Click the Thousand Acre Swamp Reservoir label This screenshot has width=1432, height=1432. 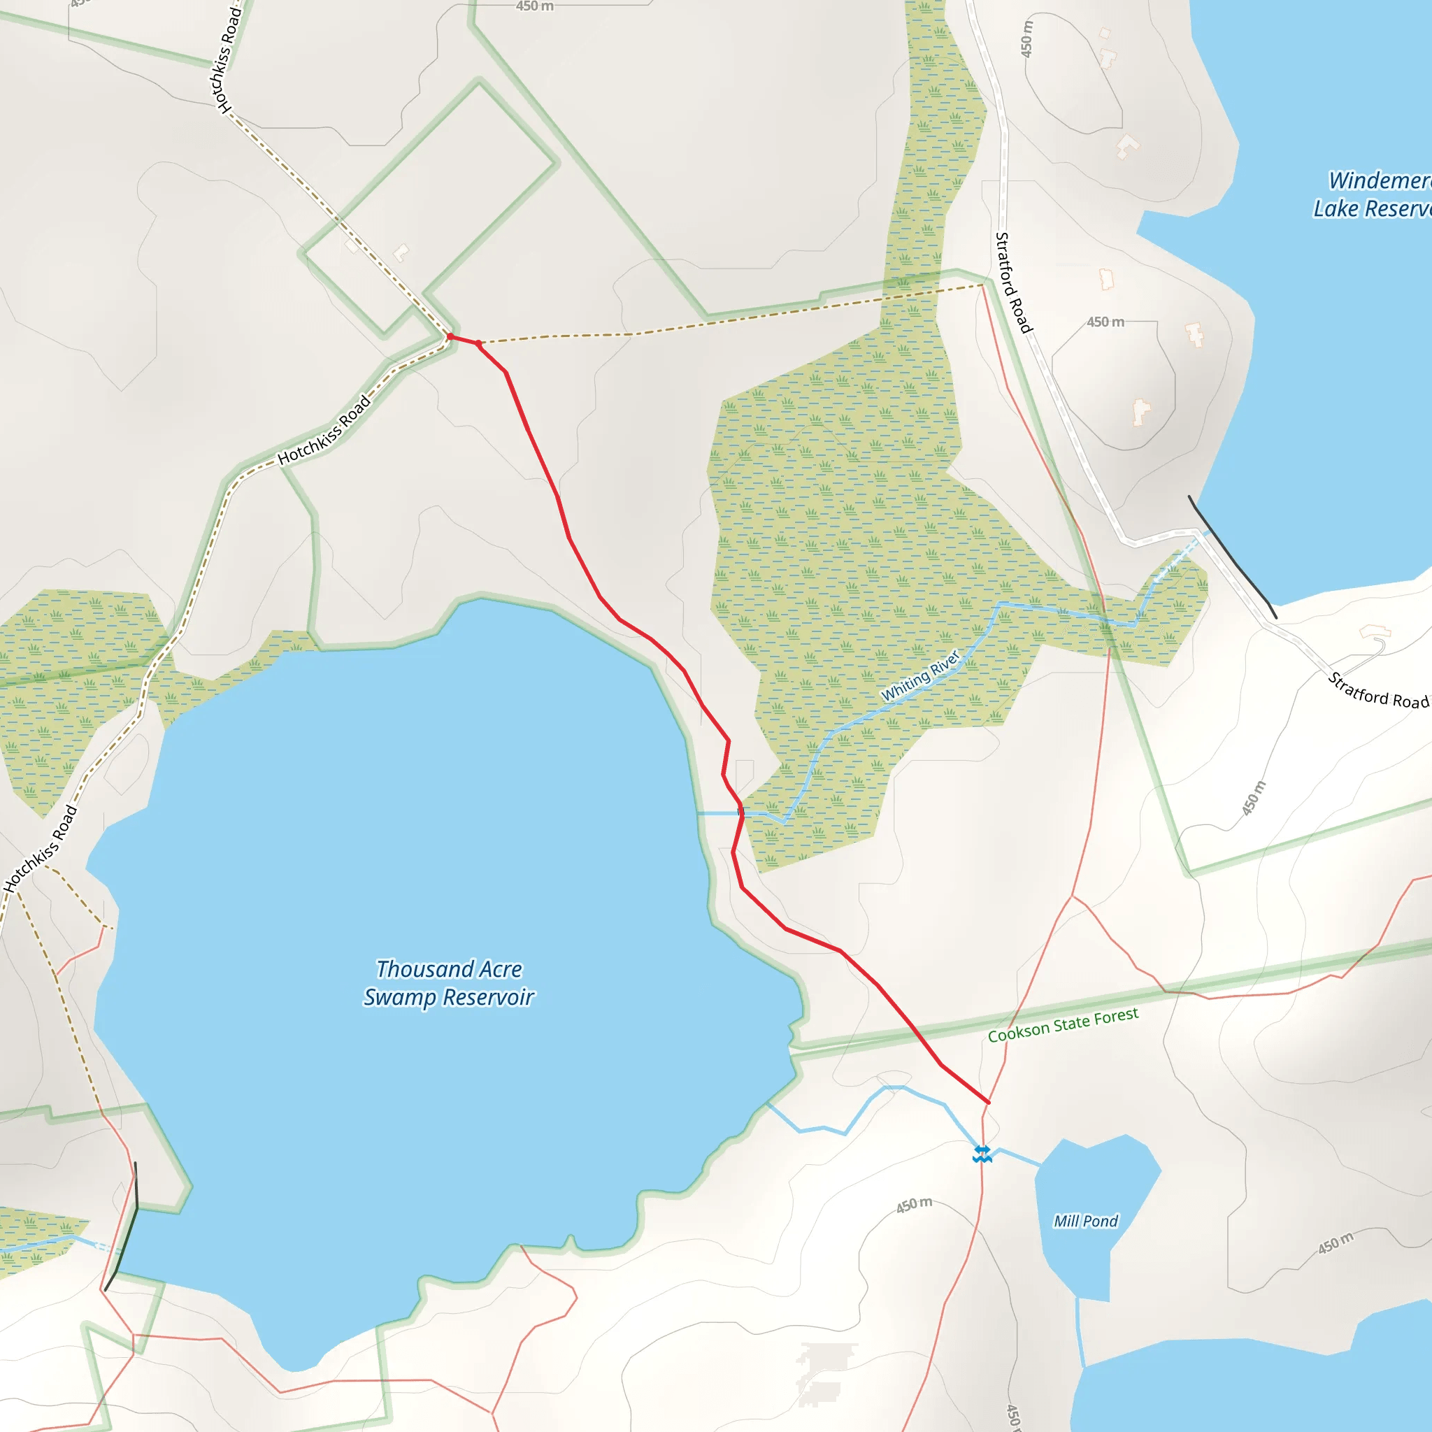pos(448,983)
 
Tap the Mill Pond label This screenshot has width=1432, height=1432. pos(1085,1221)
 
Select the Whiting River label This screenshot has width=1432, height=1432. pos(920,675)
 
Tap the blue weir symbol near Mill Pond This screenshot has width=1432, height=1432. pos(982,1154)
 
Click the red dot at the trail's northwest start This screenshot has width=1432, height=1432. pos(450,336)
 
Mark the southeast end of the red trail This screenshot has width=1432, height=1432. pos(988,1102)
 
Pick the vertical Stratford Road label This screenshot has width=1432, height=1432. pos(1012,282)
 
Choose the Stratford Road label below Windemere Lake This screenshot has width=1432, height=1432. pos(1377,691)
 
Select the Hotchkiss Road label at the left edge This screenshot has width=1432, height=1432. pos(40,849)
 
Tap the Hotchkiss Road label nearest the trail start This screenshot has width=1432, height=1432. pos(324,430)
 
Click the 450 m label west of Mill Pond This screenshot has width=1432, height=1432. pos(914,1205)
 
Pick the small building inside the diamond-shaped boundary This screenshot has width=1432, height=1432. pos(401,252)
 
